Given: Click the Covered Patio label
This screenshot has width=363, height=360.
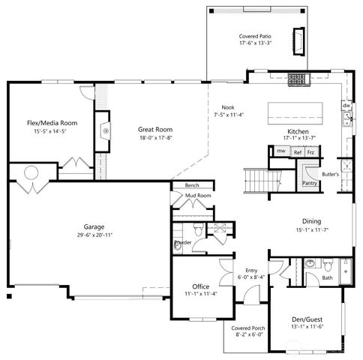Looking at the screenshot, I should point(254,36).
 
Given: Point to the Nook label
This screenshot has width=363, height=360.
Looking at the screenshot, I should point(227,107).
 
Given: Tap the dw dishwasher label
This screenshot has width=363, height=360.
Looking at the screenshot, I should point(346,106).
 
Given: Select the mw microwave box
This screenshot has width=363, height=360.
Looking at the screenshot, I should point(280,151).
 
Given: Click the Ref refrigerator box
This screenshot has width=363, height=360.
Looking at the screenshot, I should point(297,151).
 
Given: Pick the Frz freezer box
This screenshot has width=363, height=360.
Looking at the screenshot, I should point(310,151).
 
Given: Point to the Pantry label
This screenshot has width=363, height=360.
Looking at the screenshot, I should point(308,182).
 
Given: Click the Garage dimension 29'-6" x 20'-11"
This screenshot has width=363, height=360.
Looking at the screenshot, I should point(94,235).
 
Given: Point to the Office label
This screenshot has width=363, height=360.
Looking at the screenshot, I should point(200,286).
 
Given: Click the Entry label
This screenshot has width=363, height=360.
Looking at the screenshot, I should point(251,270).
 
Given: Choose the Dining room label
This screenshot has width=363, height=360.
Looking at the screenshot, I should point(311,221).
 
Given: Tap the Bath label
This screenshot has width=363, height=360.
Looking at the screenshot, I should point(328,277).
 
